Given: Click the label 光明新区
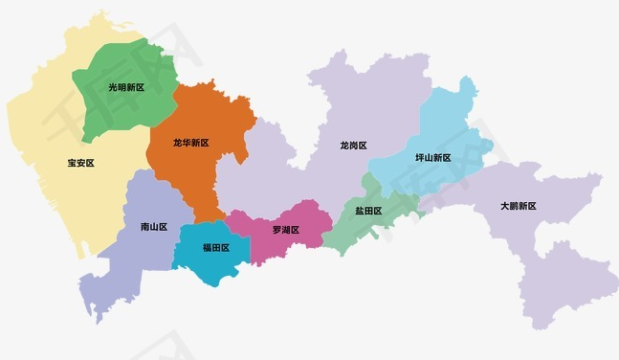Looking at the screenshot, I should click(x=125, y=87).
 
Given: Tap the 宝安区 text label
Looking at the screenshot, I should click(x=80, y=163).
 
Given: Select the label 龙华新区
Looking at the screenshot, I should click(x=190, y=143).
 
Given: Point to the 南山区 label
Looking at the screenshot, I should click(x=153, y=227).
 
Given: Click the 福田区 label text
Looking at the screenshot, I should click(x=215, y=247).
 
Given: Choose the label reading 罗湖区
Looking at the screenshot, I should click(x=285, y=230).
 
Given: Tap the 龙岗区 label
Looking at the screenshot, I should click(x=353, y=146).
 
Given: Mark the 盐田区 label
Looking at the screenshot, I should click(x=368, y=211).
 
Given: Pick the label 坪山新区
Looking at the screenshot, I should click(x=432, y=158).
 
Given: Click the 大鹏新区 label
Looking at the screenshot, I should click(x=518, y=206).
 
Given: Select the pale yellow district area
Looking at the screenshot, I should click(x=48, y=124).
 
